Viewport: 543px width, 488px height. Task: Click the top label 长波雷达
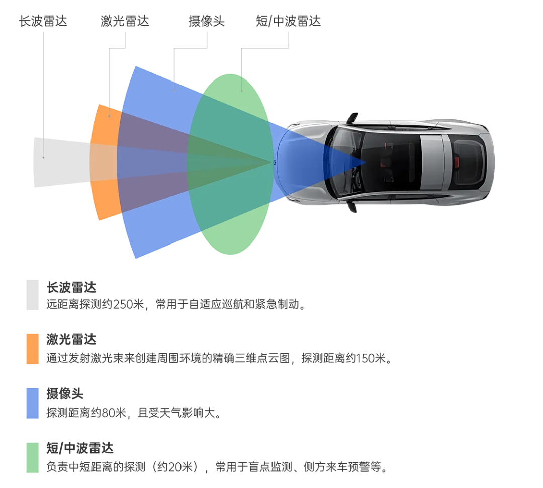pos(43,21)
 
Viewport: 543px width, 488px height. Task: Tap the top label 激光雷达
pos(125,21)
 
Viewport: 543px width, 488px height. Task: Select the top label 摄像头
pos(207,21)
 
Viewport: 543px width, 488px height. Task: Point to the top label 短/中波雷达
pos(288,21)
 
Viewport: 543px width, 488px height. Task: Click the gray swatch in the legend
pos(32,295)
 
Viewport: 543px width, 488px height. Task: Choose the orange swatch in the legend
pos(32,349)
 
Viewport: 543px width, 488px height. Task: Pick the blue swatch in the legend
pos(32,403)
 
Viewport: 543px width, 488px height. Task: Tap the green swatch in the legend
pos(32,457)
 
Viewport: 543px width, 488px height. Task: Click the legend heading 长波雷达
pos(71,288)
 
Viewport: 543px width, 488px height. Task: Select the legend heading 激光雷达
pos(71,340)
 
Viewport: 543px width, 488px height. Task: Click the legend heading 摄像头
pos(65,394)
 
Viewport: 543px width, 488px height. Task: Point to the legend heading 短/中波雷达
pos(80,448)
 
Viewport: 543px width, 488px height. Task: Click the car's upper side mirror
pos(352,118)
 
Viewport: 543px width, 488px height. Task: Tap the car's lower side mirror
pos(352,207)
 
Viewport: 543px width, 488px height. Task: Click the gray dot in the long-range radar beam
pos(44,158)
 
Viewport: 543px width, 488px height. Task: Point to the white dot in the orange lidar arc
pos(110,116)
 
